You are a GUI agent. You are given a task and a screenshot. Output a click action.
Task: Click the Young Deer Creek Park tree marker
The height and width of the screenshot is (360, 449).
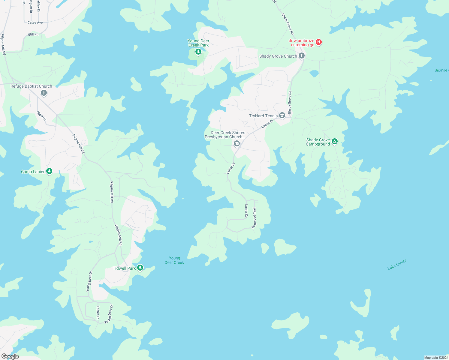tap(198, 52)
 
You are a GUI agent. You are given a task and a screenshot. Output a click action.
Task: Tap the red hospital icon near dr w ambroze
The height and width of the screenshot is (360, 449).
tap(319, 42)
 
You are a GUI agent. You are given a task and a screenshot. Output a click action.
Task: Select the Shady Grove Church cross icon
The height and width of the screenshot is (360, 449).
tap(302, 55)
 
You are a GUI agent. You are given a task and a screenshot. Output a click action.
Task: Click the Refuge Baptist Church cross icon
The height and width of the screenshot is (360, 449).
tap(44, 93)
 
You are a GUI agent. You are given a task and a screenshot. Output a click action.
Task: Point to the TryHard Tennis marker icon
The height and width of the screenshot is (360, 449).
tap(282, 115)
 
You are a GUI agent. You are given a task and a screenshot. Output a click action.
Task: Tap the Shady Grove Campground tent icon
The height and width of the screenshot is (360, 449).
tap(335, 141)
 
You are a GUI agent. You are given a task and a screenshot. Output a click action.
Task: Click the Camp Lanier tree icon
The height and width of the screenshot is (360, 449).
tap(50, 171)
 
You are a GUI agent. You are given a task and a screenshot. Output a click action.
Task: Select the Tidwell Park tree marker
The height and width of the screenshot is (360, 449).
tap(140, 267)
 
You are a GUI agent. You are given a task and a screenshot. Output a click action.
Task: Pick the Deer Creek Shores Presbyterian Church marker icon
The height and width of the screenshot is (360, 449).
tap(237, 144)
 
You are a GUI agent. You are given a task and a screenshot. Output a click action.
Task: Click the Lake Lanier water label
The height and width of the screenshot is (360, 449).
tap(396, 265)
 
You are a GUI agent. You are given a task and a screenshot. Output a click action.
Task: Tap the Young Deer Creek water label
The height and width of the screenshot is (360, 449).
tap(174, 260)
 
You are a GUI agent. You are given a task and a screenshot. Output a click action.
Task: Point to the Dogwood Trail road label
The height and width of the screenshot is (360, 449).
tap(254, 218)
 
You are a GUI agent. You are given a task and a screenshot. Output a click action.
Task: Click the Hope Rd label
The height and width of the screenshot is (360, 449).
tap(41, 116)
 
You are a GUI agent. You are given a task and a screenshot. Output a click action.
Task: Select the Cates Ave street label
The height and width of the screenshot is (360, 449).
tap(35, 22)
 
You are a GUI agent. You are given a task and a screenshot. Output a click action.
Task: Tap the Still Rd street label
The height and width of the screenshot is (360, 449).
tap(33, 34)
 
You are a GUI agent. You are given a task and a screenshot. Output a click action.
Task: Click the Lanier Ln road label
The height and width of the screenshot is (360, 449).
tap(98, 313)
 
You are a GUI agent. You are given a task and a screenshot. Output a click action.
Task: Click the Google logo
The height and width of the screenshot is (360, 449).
tap(10, 356)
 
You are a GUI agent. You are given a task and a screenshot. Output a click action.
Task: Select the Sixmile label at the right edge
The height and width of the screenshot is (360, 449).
tap(441, 70)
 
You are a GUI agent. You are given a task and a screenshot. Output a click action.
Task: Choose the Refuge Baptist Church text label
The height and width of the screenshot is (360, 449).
tap(31, 86)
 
